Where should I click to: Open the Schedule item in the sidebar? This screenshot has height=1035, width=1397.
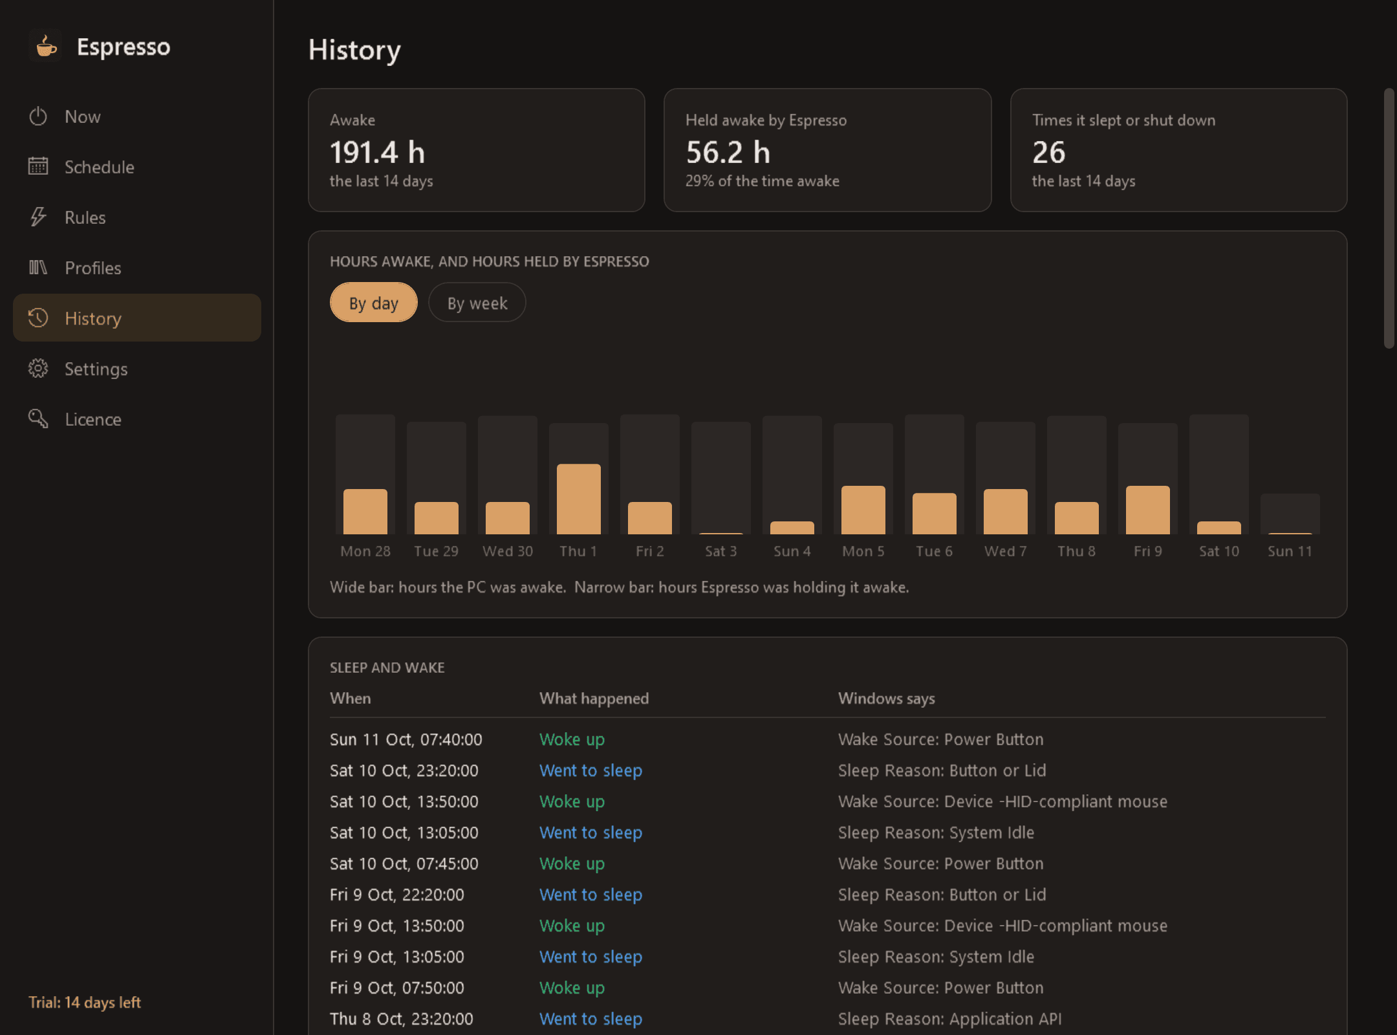coord(81,167)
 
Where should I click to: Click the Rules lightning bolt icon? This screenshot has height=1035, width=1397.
coord(38,217)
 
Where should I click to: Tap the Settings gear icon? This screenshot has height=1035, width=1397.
coord(38,368)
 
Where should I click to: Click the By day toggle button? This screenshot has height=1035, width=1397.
coord(374,303)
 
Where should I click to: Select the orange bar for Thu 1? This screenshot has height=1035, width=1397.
coord(579,499)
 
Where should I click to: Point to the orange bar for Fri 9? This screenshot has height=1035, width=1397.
coord(1148,510)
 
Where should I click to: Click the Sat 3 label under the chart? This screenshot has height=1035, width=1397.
coord(721,551)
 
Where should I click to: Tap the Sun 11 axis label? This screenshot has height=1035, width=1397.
coord(1290,551)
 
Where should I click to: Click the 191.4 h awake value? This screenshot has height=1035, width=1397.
coord(378,153)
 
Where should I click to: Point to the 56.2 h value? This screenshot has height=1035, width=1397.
coord(728,153)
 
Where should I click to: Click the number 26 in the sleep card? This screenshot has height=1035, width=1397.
coord(1048,153)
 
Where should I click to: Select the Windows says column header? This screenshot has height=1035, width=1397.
coord(887,699)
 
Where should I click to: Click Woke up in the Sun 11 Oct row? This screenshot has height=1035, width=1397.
coord(572,739)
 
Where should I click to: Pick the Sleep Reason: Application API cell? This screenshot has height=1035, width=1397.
coord(950,1019)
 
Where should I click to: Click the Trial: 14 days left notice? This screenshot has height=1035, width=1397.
coord(85,1003)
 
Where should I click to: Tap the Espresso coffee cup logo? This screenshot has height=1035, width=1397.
coord(46,46)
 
